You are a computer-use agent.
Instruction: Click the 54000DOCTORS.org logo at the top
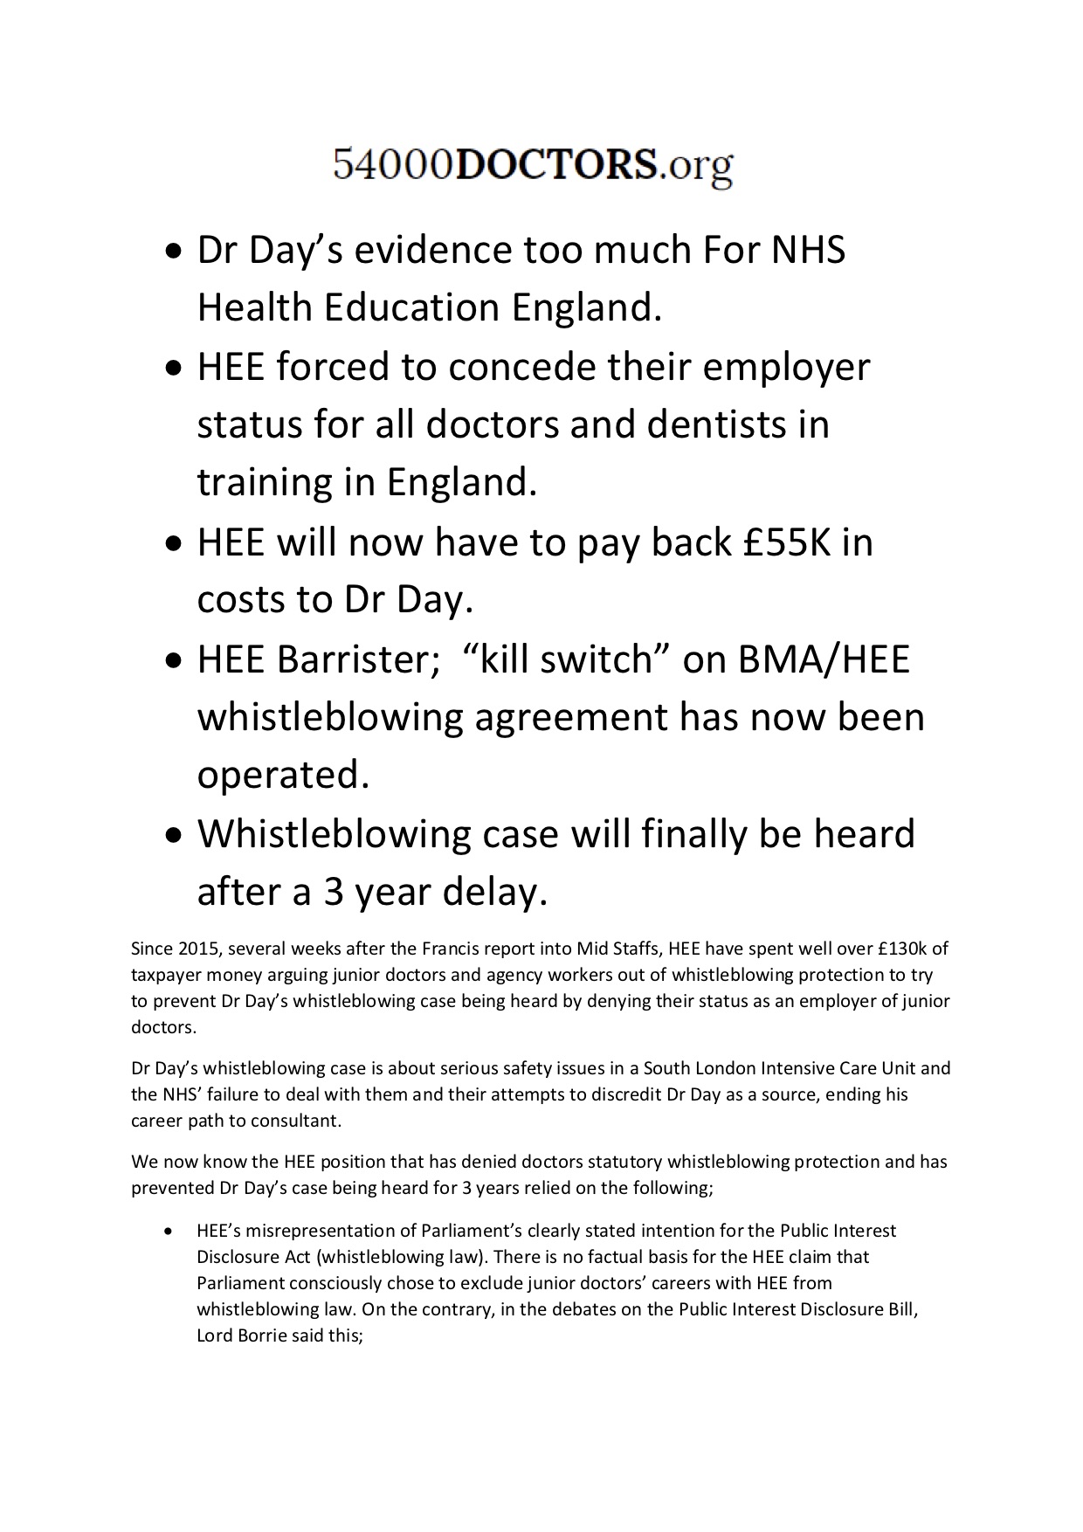tap(533, 165)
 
